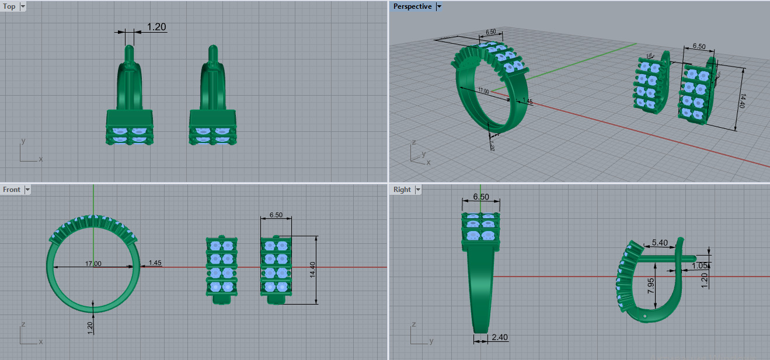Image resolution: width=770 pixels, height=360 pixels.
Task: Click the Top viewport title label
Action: pyautogui.click(x=9, y=7)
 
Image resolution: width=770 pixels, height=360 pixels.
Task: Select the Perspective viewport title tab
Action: pyautogui.click(x=412, y=6)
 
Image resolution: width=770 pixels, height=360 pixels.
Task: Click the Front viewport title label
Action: pyautogui.click(x=12, y=190)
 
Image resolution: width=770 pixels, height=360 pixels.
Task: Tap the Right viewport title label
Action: pyautogui.click(x=402, y=190)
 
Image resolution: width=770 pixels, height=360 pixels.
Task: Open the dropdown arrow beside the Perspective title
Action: pyautogui.click(x=439, y=6)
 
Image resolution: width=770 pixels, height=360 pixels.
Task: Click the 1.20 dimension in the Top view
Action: pyautogui.click(x=156, y=27)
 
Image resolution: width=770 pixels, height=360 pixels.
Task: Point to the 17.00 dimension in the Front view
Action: pyautogui.click(x=93, y=264)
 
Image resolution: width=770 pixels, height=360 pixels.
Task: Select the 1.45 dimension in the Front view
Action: pyautogui.click(x=155, y=263)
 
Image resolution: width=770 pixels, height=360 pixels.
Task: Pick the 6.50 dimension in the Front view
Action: pyautogui.click(x=276, y=215)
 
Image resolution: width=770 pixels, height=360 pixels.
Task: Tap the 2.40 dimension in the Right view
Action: pyautogui.click(x=500, y=337)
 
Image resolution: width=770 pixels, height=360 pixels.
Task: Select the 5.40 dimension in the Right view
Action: pyautogui.click(x=659, y=242)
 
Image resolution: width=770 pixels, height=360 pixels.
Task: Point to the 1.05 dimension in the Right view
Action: pyautogui.click(x=699, y=265)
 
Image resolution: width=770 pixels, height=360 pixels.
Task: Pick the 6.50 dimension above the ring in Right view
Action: pyautogui.click(x=480, y=197)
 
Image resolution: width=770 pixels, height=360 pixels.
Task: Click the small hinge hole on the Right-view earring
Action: pyautogui.click(x=645, y=316)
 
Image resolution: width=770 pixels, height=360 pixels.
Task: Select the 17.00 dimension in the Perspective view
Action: pyautogui.click(x=483, y=91)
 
